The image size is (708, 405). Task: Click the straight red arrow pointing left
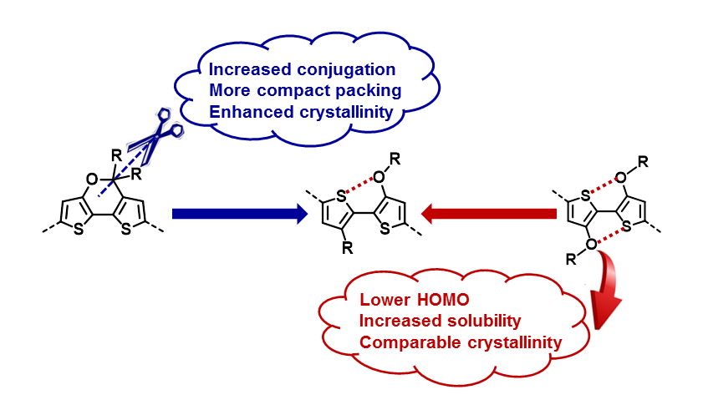pyautogui.click(x=488, y=214)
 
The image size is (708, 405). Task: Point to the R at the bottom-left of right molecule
pyautogui.click(x=570, y=262)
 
